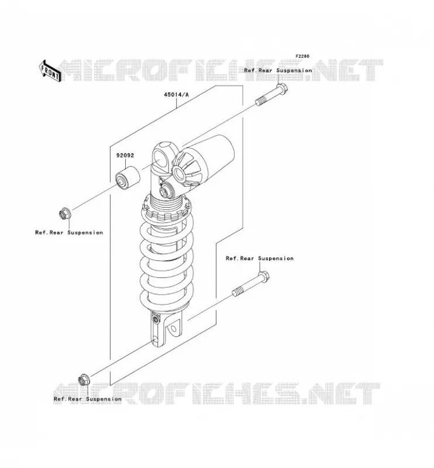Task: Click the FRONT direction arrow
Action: [x=50, y=71]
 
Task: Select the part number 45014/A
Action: [x=177, y=95]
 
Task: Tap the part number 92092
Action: [x=125, y=156]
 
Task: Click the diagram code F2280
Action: [x=302, y=56]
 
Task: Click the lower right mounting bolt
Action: [x=251, y=284]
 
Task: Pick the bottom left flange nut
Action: [x=83, y=379]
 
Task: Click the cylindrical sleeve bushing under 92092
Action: [x=128, y=178]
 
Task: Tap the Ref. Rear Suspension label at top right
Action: [x=278, y=71]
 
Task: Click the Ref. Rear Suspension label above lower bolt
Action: [x=260, y=259]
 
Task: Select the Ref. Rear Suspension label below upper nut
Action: [x=69, y=232]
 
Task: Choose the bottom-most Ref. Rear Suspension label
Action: [x=88, y=399]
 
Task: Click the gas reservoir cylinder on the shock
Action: [x=209, y=157]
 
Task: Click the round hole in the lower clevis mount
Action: [x=173, y=329]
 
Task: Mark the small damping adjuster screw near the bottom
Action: [x=155, y=319]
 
